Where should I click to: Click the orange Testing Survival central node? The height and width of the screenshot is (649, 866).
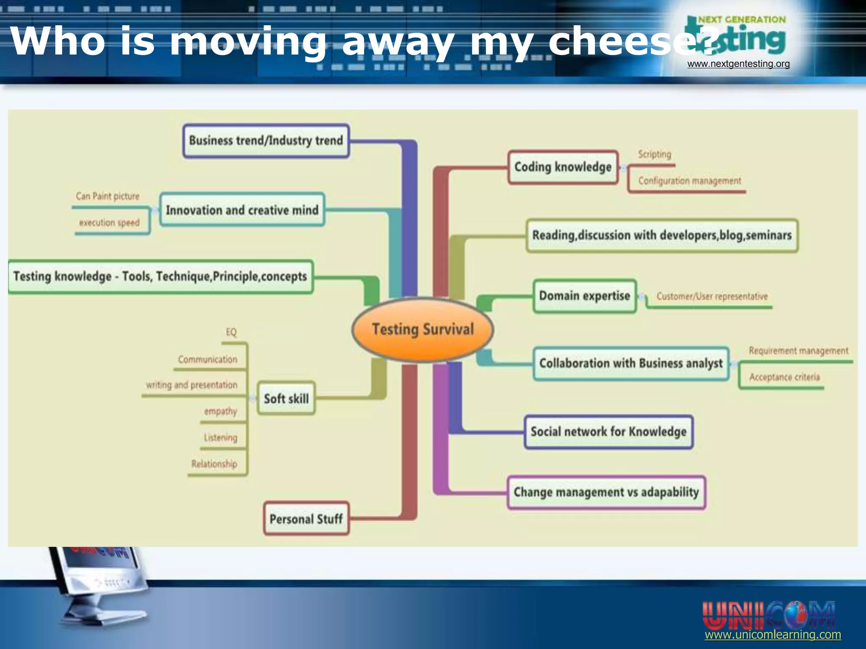[x=422, y=329]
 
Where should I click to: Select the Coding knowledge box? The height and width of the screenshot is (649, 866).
[x=563, y=167]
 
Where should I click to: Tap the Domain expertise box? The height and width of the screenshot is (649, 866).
[x=584, y=296]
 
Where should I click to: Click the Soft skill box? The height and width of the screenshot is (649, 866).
[x=286, y=398]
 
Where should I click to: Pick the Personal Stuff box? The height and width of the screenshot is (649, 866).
[x=306, y=519]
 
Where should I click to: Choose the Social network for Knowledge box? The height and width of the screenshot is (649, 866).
[x=608, y=432]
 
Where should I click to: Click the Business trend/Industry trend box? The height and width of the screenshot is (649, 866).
[x=266, y=141]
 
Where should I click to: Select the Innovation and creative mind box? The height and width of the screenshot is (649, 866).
[x=242, y=210]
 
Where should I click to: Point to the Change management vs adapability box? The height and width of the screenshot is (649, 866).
[x=606, y=492]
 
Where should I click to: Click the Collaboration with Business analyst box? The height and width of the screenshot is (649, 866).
[x=631, y=363]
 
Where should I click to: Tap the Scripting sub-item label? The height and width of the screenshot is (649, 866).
[x=655, y=154]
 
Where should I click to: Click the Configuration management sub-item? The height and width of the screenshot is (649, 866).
[x=690, y=181]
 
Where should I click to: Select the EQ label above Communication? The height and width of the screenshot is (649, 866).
[x=231, y=332]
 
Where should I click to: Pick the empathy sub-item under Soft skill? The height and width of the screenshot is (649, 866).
[x=220, y=411]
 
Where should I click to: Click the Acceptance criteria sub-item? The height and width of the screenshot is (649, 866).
[x=784, y=377]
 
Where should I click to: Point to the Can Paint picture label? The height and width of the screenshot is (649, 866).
[x=107, y=196]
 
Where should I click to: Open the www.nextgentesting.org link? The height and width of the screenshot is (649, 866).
[x=738, y=64]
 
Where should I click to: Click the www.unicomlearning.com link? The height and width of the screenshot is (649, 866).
[x=773, y=635]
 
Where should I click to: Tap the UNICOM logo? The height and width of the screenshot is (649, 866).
[x=768, y=615]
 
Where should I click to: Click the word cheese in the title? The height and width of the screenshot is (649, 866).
[x=619, y=41]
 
